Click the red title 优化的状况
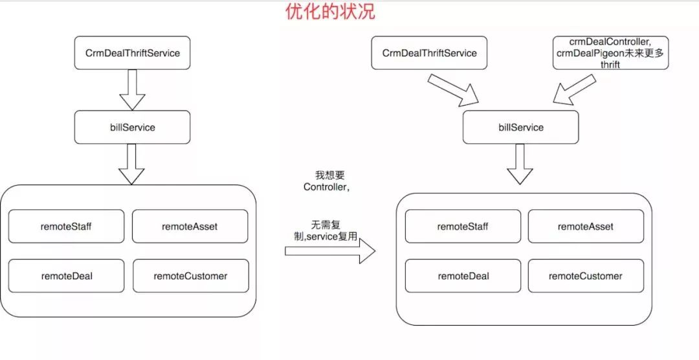click(x=330, y=12)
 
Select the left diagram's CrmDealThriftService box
click(x=133, y=53)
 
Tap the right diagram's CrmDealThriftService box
click(x=429, y=53)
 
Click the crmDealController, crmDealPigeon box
click(x=610, y=53)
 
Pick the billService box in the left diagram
click(x=133, y=127)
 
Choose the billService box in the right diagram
click(x=521, y=127)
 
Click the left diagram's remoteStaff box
click(x=66, y=226)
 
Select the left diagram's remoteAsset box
click(x=190, y=226)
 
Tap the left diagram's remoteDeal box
click(x=66, y=276)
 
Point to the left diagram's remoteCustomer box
click(x=190, y=276)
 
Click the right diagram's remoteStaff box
click(x=462, y=226)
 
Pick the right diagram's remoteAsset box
click(x=586, y=226)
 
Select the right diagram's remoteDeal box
click(x=462, y=276)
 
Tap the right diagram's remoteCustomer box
click(x=586, y=276)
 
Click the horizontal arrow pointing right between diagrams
click(x=330, y=251)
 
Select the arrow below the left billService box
click(x=133, y=163)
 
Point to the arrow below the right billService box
click(x=520, y=164)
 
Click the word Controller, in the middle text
click(x=327, y=187)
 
